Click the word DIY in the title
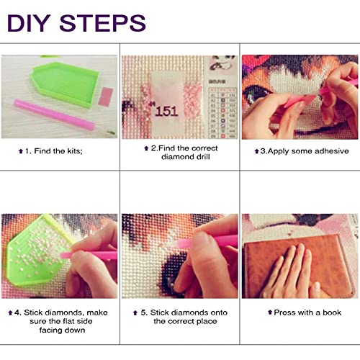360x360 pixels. tap(29, 23)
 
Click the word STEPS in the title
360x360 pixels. tap(103, 23)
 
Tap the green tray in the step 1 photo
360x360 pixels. tap(65, 84)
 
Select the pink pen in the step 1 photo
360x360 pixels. tap(54, 114)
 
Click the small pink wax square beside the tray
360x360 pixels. tap(106, 96)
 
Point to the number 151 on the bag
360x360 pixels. tap(166, 112)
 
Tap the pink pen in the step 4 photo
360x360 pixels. tap(89, 255)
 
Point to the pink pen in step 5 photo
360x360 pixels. tap(207, 242)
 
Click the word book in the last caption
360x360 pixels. tap(332, 312)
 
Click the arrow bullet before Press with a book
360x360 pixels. tap(270, 312)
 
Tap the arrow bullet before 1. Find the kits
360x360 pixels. tap(21, 151)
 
